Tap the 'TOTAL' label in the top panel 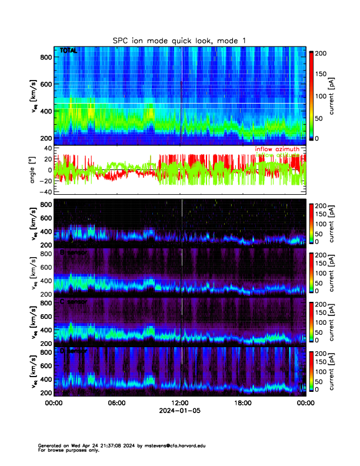(69, 52)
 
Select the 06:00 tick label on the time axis (116, 403)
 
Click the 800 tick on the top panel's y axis (45, 57)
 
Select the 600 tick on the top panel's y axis (45, 84)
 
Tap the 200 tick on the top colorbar (321, 54)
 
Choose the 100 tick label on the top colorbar (321, 96)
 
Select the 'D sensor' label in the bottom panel (73, 351)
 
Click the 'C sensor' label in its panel (73, 302)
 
